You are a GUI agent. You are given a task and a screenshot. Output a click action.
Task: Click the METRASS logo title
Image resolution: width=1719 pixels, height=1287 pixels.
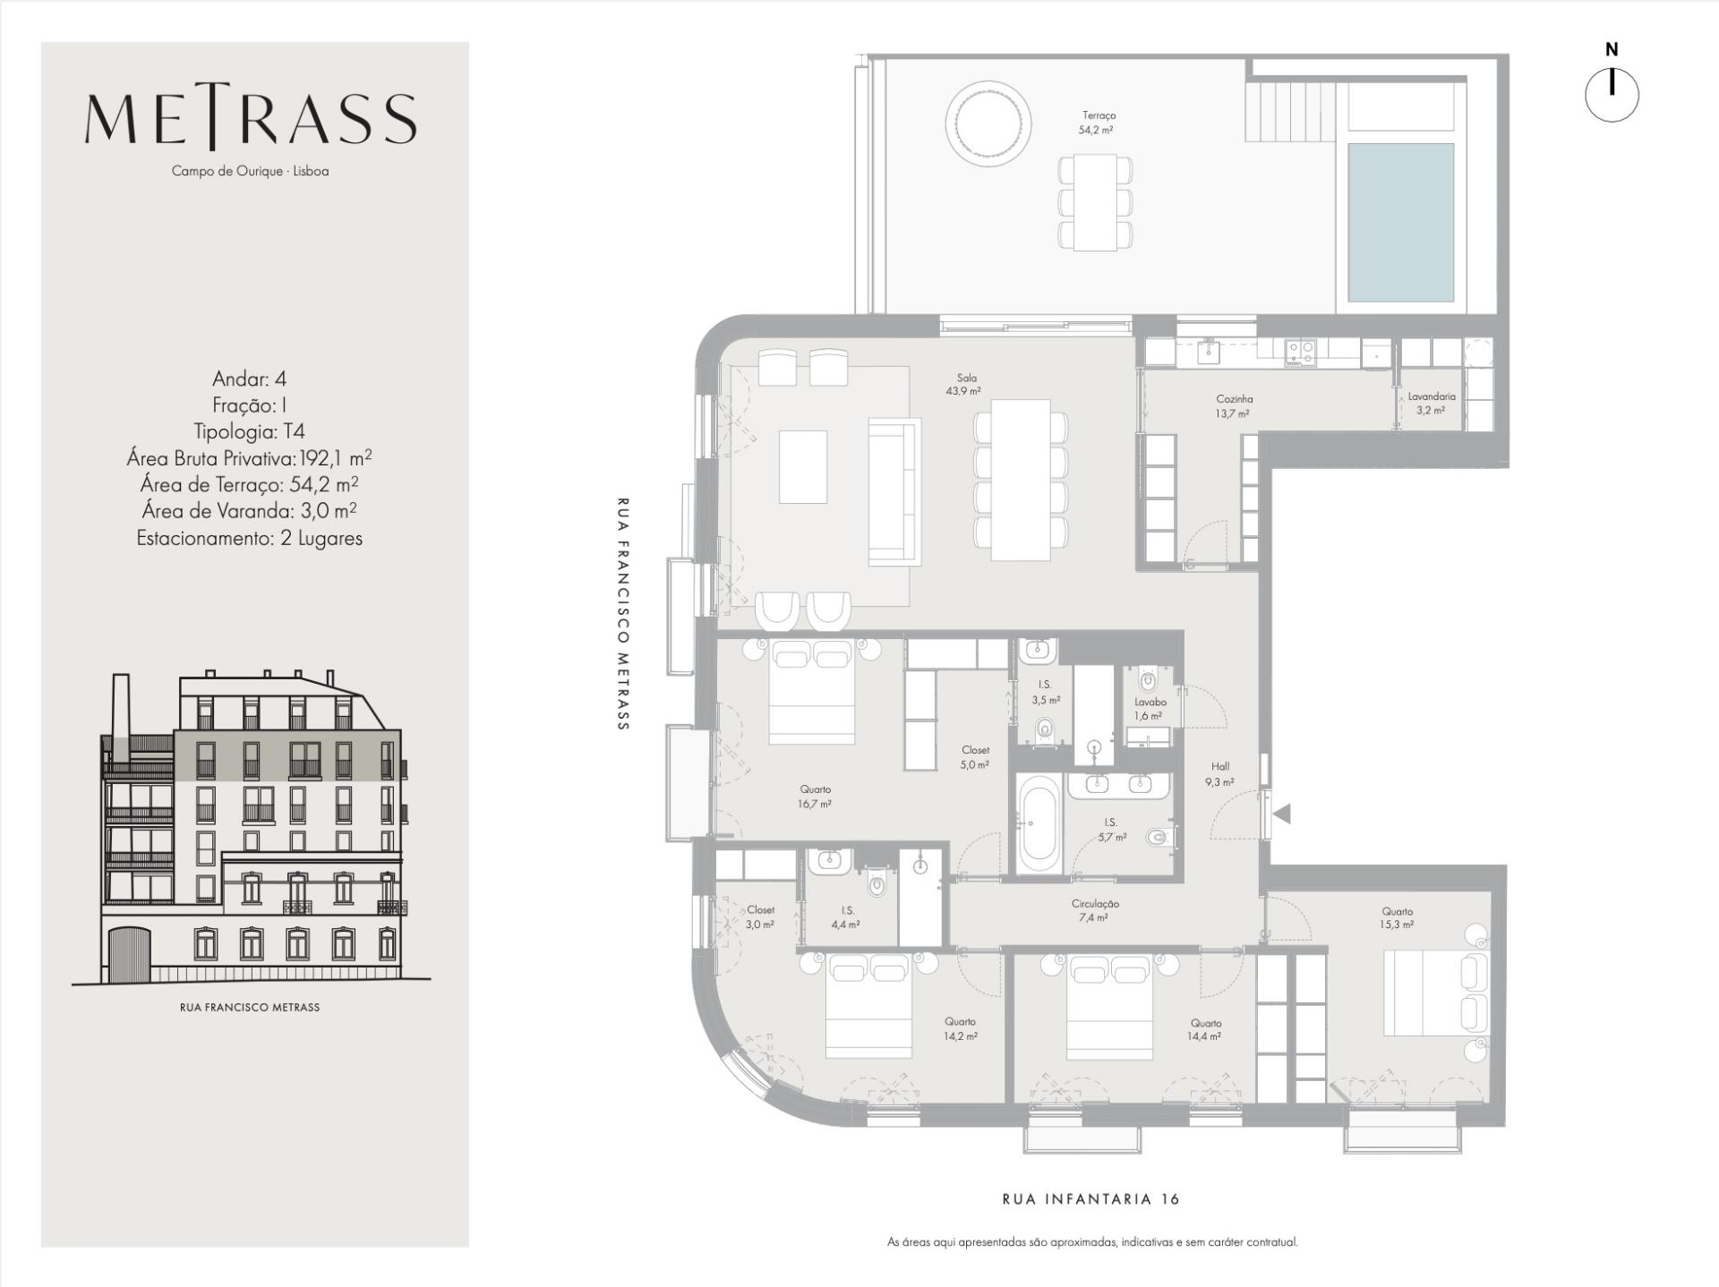click(x=251, y=119)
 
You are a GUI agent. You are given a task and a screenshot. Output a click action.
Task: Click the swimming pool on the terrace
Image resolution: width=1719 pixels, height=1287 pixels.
click(x=1400, y=222)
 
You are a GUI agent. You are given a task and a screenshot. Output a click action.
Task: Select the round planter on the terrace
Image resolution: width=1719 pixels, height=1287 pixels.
click(x=988, y=123)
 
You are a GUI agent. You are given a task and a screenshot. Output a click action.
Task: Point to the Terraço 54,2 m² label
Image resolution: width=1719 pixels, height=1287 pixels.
click(x=1098, y=123)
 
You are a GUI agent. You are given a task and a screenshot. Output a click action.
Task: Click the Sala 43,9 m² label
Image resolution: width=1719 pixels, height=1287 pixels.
click(x=965, y=385)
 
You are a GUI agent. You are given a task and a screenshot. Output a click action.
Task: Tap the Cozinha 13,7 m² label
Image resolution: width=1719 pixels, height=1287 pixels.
click(x=1234, y=406)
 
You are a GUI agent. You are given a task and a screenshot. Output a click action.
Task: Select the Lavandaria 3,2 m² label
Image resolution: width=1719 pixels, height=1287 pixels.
click(x=1431, y=404)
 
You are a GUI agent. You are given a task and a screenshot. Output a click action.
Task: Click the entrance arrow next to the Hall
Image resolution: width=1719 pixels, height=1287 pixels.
click(x=1282, y=814)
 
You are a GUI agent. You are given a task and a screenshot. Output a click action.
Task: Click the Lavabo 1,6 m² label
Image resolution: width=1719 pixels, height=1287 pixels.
click(x=1150, y=709)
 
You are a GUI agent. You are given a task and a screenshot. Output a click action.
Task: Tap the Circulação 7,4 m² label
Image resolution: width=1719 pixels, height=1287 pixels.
click(x=1094, y=910)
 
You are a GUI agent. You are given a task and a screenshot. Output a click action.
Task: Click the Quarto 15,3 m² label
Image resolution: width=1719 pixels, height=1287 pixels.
click(x=1396, y=918)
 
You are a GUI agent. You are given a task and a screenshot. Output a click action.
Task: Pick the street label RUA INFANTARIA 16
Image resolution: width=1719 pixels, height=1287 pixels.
click(x=1090, y=1199)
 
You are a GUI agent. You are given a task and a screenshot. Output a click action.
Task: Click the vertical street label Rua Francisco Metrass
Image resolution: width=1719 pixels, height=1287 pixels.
click(x=623, y=614)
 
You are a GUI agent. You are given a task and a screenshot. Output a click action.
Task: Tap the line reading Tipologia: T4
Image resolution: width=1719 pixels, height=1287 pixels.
click(x=249, y=431)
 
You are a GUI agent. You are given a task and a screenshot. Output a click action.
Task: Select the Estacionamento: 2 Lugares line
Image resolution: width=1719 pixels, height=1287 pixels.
click(x=249, y=539)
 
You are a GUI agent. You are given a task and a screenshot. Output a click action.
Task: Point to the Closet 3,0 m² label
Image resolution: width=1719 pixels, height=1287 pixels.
click(x=760, y=917)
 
